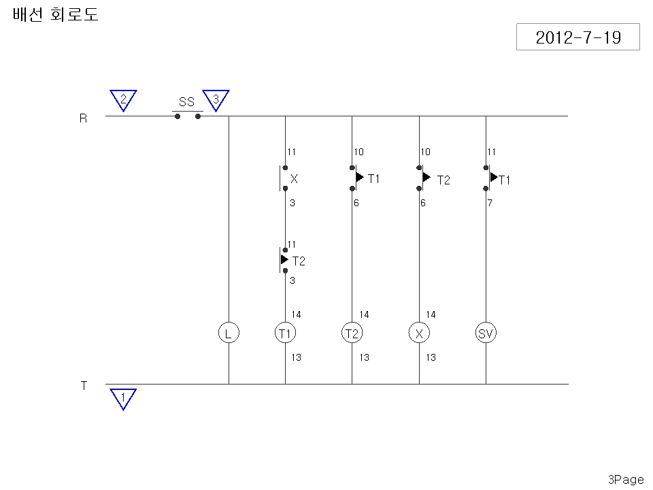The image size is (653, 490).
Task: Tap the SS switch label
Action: [x=186, y=101]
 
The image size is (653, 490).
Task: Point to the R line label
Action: [x=83, y=118]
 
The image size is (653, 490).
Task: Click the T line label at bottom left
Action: [x=84, y=386]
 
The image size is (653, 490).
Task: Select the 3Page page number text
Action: [x=626, y=480]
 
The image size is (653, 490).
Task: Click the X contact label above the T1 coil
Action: [x=294, y=179]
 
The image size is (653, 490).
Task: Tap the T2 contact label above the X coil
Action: [x=443, y=180]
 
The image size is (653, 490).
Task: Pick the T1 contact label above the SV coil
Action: [x=504, y=180]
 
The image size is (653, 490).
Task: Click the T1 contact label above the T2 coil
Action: [x=373, y=179]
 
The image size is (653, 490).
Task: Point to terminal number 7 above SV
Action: [x=490, y=203]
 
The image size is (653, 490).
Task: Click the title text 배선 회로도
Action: [x=55, y=14]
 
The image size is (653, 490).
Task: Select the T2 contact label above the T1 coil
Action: [x=299, y=261]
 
